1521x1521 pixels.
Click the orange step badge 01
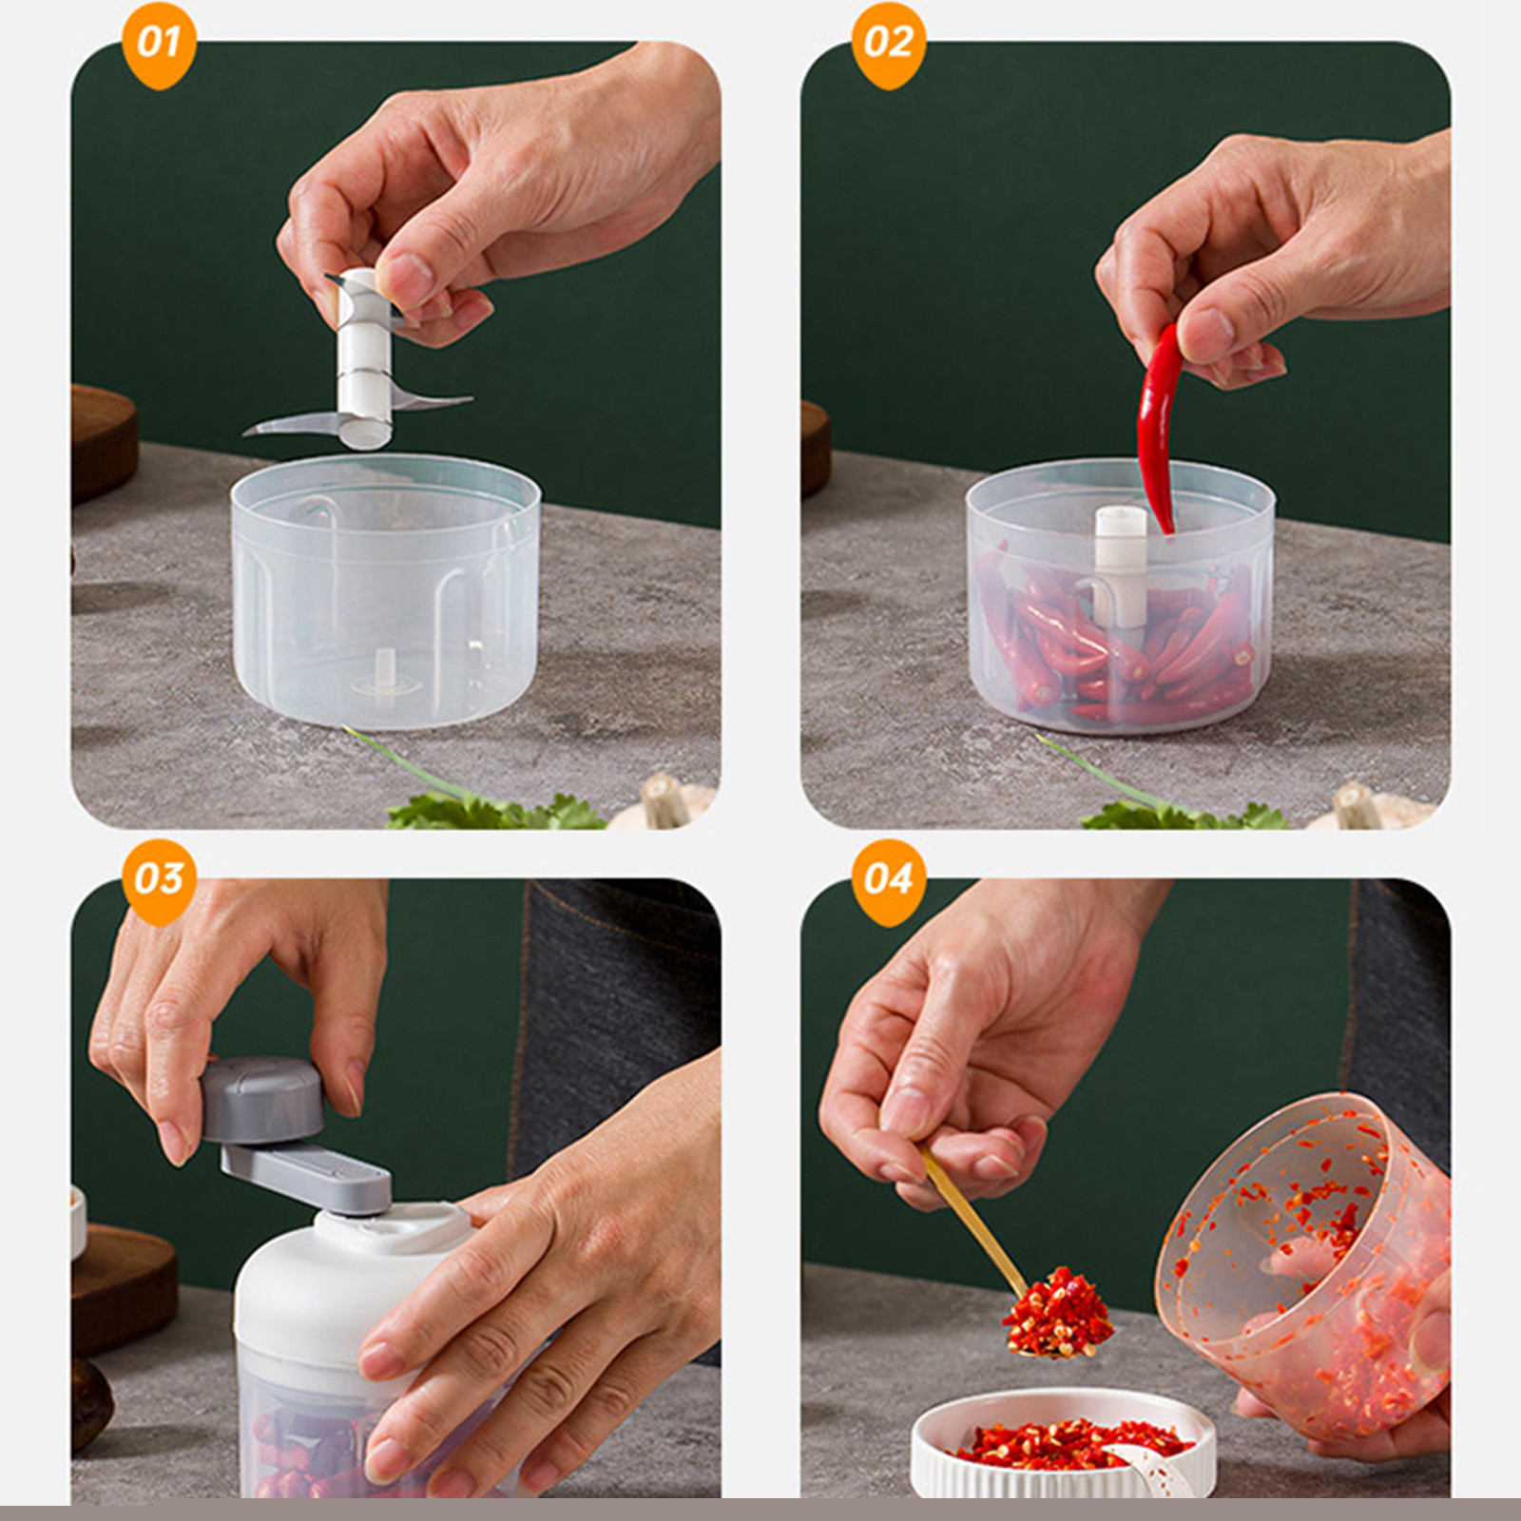[159, 44]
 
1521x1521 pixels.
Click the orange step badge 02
[888, 44]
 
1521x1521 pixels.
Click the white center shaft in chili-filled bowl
[1122, 561]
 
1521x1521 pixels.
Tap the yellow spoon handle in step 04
[970, 1217]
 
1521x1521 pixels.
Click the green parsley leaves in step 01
[494, 813]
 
